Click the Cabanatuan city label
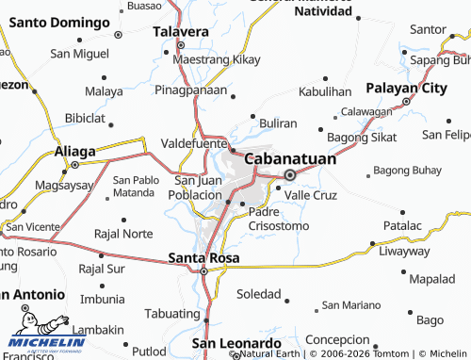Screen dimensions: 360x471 tap(290, 159)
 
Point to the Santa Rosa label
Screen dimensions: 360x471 tap(203, 256)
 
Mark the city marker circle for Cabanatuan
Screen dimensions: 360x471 tap(290, 174)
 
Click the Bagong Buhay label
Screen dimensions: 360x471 tap(408, 171)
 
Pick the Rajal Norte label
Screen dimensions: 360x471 tap(123, 233)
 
